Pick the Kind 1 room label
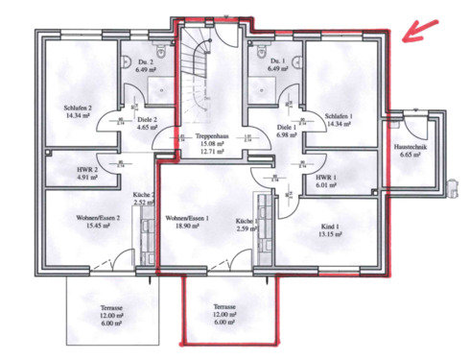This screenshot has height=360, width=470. pos(330,226)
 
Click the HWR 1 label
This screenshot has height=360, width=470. pos(329,179)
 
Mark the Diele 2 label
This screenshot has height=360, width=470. pos(147,118)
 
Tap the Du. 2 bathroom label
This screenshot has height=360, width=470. pos(145,60)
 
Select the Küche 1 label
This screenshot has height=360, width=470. pos(247,221)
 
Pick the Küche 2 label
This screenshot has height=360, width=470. pos(144,193)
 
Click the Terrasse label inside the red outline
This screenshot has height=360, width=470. pos(225,307)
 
